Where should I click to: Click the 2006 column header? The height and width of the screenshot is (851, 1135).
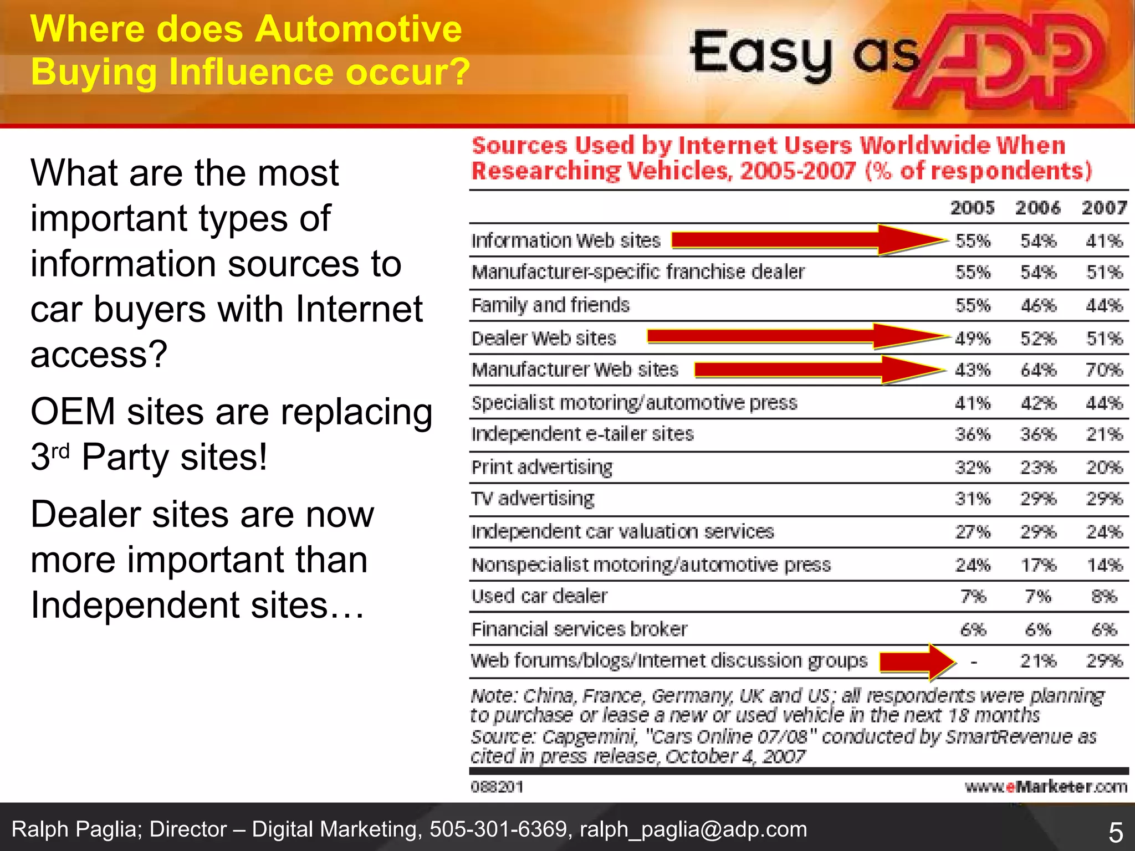[1037, 208]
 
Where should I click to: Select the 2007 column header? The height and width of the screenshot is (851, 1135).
[1104, 208]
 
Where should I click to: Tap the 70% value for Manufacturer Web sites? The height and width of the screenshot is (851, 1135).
[1104, 370]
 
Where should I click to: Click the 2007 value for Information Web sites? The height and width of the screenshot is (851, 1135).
[1104, 241]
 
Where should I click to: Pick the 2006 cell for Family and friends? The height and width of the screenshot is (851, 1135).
[1038, 305]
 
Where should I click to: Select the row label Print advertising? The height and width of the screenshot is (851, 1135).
[541, 468]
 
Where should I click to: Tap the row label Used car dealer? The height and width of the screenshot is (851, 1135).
[539, 596]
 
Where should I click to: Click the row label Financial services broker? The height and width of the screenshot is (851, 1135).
[579, 629]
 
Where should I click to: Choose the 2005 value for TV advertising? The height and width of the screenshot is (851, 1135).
[973, 499]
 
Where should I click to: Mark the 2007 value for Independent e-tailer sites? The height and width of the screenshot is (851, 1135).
[1104, 434]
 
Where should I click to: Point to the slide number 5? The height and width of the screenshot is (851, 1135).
[1115, 833]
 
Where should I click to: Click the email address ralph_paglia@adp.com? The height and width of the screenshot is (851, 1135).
[693, 829]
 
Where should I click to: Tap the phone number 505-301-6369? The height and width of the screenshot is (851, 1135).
[499, 829]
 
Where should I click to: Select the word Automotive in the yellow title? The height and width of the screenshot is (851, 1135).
[358, 29]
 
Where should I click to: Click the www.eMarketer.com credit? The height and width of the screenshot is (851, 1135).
[1046, 787]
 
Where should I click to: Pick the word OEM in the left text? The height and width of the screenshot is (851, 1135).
[73, 412]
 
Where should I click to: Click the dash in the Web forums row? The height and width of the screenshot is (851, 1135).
[974, 662]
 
